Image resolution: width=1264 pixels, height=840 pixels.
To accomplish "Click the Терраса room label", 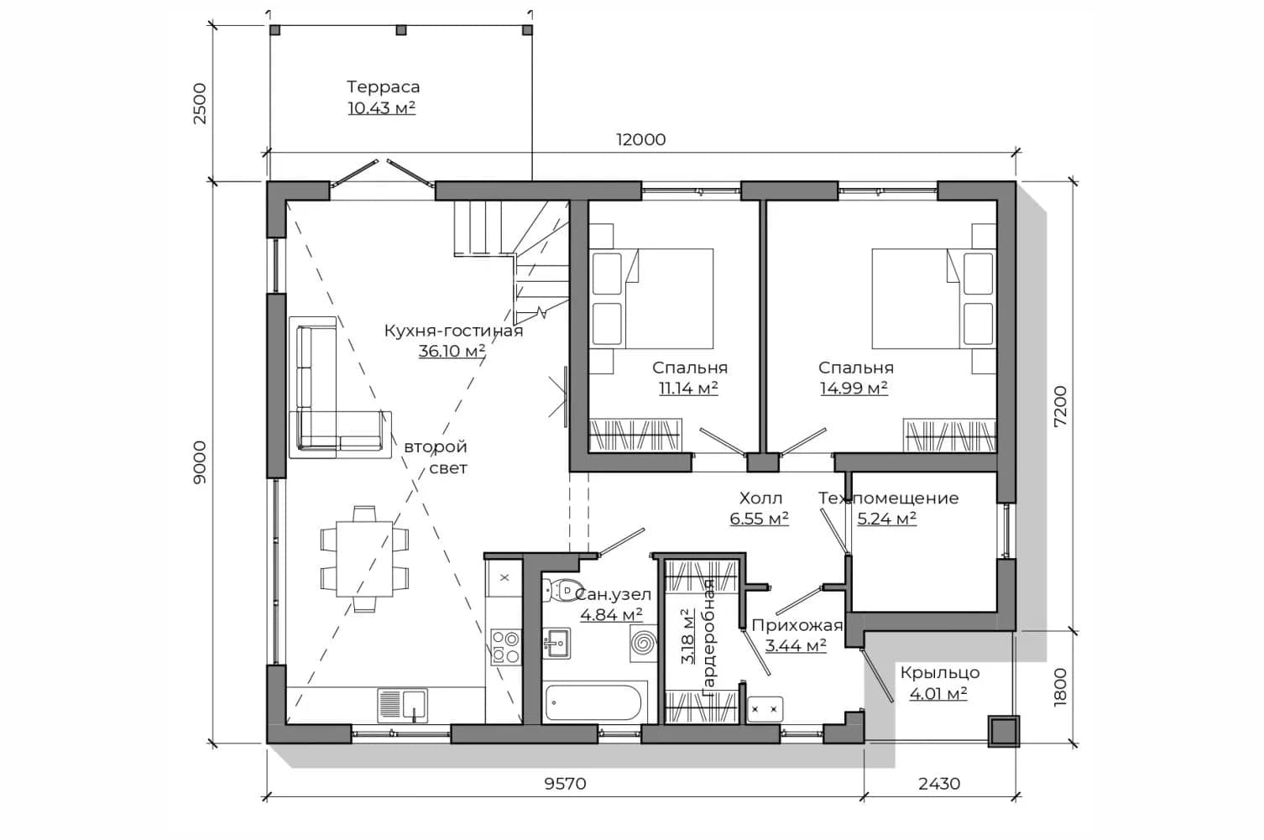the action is [x=384, y=87].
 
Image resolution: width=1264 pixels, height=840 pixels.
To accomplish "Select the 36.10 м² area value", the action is [x=452, y=351].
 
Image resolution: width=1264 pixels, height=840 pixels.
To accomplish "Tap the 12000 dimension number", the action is [x=641, y=139].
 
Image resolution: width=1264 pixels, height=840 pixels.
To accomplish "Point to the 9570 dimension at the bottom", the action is [x=566, y=784].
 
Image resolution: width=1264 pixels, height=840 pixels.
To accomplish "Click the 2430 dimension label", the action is [x=939, y=784].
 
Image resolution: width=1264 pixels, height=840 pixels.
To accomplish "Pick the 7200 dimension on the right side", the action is [x=1060, y=406].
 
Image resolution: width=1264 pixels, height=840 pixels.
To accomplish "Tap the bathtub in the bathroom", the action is [x=593, y=702].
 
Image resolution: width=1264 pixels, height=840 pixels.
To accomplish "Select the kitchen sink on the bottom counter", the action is [x=402, y=705].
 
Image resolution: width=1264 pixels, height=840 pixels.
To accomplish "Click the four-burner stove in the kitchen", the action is [x=505, y=647].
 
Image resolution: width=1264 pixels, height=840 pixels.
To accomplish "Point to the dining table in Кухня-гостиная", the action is [x=364, y=559].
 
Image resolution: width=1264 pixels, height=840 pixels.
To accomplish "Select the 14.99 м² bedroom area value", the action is [x=854, y=389].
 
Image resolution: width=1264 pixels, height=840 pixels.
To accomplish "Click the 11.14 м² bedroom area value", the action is [x=688, y=389].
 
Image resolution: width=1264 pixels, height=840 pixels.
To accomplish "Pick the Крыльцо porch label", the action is [x=939, y=673].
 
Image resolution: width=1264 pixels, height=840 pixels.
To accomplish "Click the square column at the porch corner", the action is [x=1003, y=731].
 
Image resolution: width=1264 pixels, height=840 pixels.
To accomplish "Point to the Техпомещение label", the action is [x=888, y=498].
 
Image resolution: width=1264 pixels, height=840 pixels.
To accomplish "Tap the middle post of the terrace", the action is [x=400, y=30].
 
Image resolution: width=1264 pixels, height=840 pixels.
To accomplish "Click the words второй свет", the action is [x=436, y=457].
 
